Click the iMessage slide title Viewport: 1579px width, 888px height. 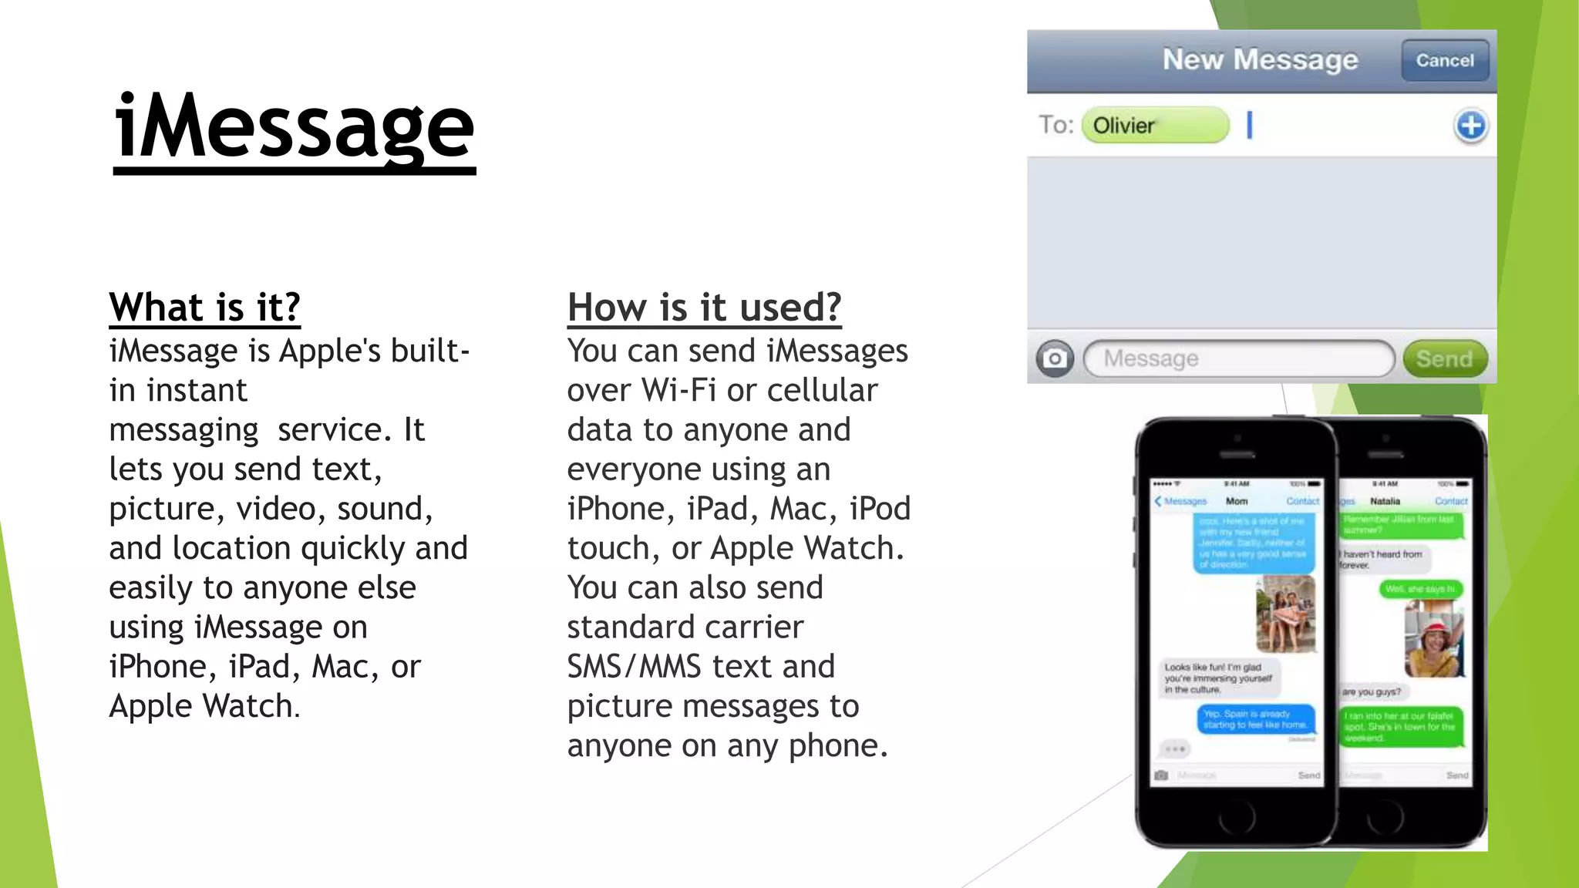(x=294, y=128)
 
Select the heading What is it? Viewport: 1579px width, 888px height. (x=204, y=308)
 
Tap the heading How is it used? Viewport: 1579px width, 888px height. (x=704, y=308)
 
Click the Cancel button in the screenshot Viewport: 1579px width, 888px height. (x=1444, y=61)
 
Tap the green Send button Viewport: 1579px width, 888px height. (x=1444, y=359)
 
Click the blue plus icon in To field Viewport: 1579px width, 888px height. (x=1470, y=126)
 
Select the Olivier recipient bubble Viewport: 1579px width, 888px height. (x=1154, y=126)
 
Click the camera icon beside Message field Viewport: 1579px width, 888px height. (x=1054, y=359)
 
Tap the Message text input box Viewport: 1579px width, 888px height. (x=1238, y=359)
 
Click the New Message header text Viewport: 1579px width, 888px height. (x=1260, y=60)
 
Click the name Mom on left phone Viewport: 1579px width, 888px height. (x=1237, y=502)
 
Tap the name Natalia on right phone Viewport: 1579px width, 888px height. (x=1385, y=502)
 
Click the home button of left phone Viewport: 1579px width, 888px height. (x=1237, y=816)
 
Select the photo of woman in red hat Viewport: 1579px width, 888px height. (x=1433, y=639)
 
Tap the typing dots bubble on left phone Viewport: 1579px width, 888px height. (x=1174, y=749)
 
